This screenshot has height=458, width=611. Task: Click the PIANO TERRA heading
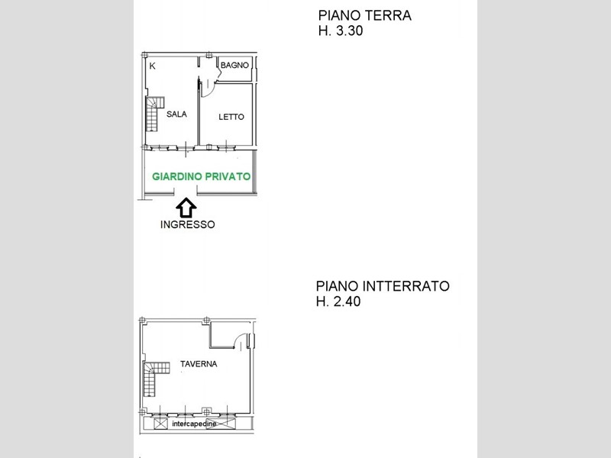tap(365, 15)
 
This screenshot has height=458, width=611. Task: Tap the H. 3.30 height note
tap(341, 31)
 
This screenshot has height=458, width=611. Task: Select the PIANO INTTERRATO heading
tap(383, 286)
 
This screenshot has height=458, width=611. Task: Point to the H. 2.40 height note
tap(338, 302)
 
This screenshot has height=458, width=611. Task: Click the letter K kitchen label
tap(152, 66)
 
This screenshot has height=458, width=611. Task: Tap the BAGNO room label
tap(234, 66)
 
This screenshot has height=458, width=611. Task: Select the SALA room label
tap(176, 114)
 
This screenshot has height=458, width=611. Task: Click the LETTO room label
tap(231, 117)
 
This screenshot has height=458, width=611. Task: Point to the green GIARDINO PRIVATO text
tap(201, 177)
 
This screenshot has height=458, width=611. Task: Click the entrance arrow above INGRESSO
tap(186, 208)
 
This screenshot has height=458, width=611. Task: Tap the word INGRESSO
tap(187, 224)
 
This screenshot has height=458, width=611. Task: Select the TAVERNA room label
tap(199, 364)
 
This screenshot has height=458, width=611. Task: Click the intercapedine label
tap(194, 424)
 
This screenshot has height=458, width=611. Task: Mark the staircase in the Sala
tap(154, 114)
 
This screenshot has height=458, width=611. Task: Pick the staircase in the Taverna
tap(156, 378)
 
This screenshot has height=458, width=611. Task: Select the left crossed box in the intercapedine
tap(160, 424)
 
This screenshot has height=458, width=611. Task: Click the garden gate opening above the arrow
tap(186, 191)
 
